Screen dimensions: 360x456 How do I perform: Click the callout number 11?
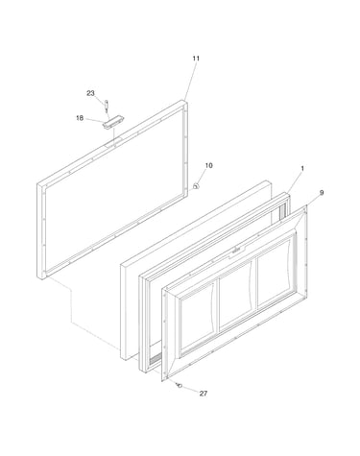tap(196, 59)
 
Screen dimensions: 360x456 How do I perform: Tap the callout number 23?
tap(90, 93)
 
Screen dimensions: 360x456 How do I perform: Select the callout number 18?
tap(80, 118)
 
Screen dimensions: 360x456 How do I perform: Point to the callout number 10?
tap(208, 165)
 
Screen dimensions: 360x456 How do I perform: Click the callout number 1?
tap(302, 168)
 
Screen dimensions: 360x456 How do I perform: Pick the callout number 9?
tap(322, 192)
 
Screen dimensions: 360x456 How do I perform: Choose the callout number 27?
tap(204, 394)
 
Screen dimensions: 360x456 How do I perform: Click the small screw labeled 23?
tap(107, 106)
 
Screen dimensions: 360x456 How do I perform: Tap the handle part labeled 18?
tap(113, 122)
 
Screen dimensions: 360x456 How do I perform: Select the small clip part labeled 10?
tap(196, 185)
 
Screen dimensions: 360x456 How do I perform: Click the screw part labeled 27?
tap(179, 385)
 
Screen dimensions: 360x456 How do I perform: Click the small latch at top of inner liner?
tap(236, 251)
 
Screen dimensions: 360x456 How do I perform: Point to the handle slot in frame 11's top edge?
tap(113, 142)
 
